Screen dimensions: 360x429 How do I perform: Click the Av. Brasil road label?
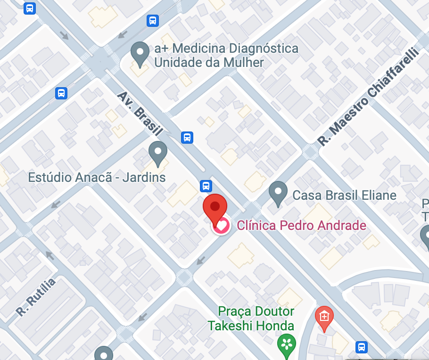click(140, 113)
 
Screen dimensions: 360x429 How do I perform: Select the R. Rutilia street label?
click(35, 297)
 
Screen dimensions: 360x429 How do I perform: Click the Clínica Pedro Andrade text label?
click(301, 225)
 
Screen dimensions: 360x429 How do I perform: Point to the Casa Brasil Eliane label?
click(344, 195)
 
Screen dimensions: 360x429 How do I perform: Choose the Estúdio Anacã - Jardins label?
click(97, 178)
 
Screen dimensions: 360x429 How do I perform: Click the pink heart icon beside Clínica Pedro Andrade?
click(221, 226)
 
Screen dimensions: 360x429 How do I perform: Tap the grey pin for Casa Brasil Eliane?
click(278, 193)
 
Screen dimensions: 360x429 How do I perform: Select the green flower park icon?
click(286, 344)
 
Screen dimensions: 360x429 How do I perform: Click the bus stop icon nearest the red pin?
click(206, 186)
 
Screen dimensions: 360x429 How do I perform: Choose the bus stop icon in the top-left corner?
click(30, 8)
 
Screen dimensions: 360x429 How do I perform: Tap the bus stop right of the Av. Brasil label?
click(187, 137)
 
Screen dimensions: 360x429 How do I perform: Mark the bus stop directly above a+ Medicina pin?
click(152, 20)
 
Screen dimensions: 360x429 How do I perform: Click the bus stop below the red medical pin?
click(361, 347)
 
